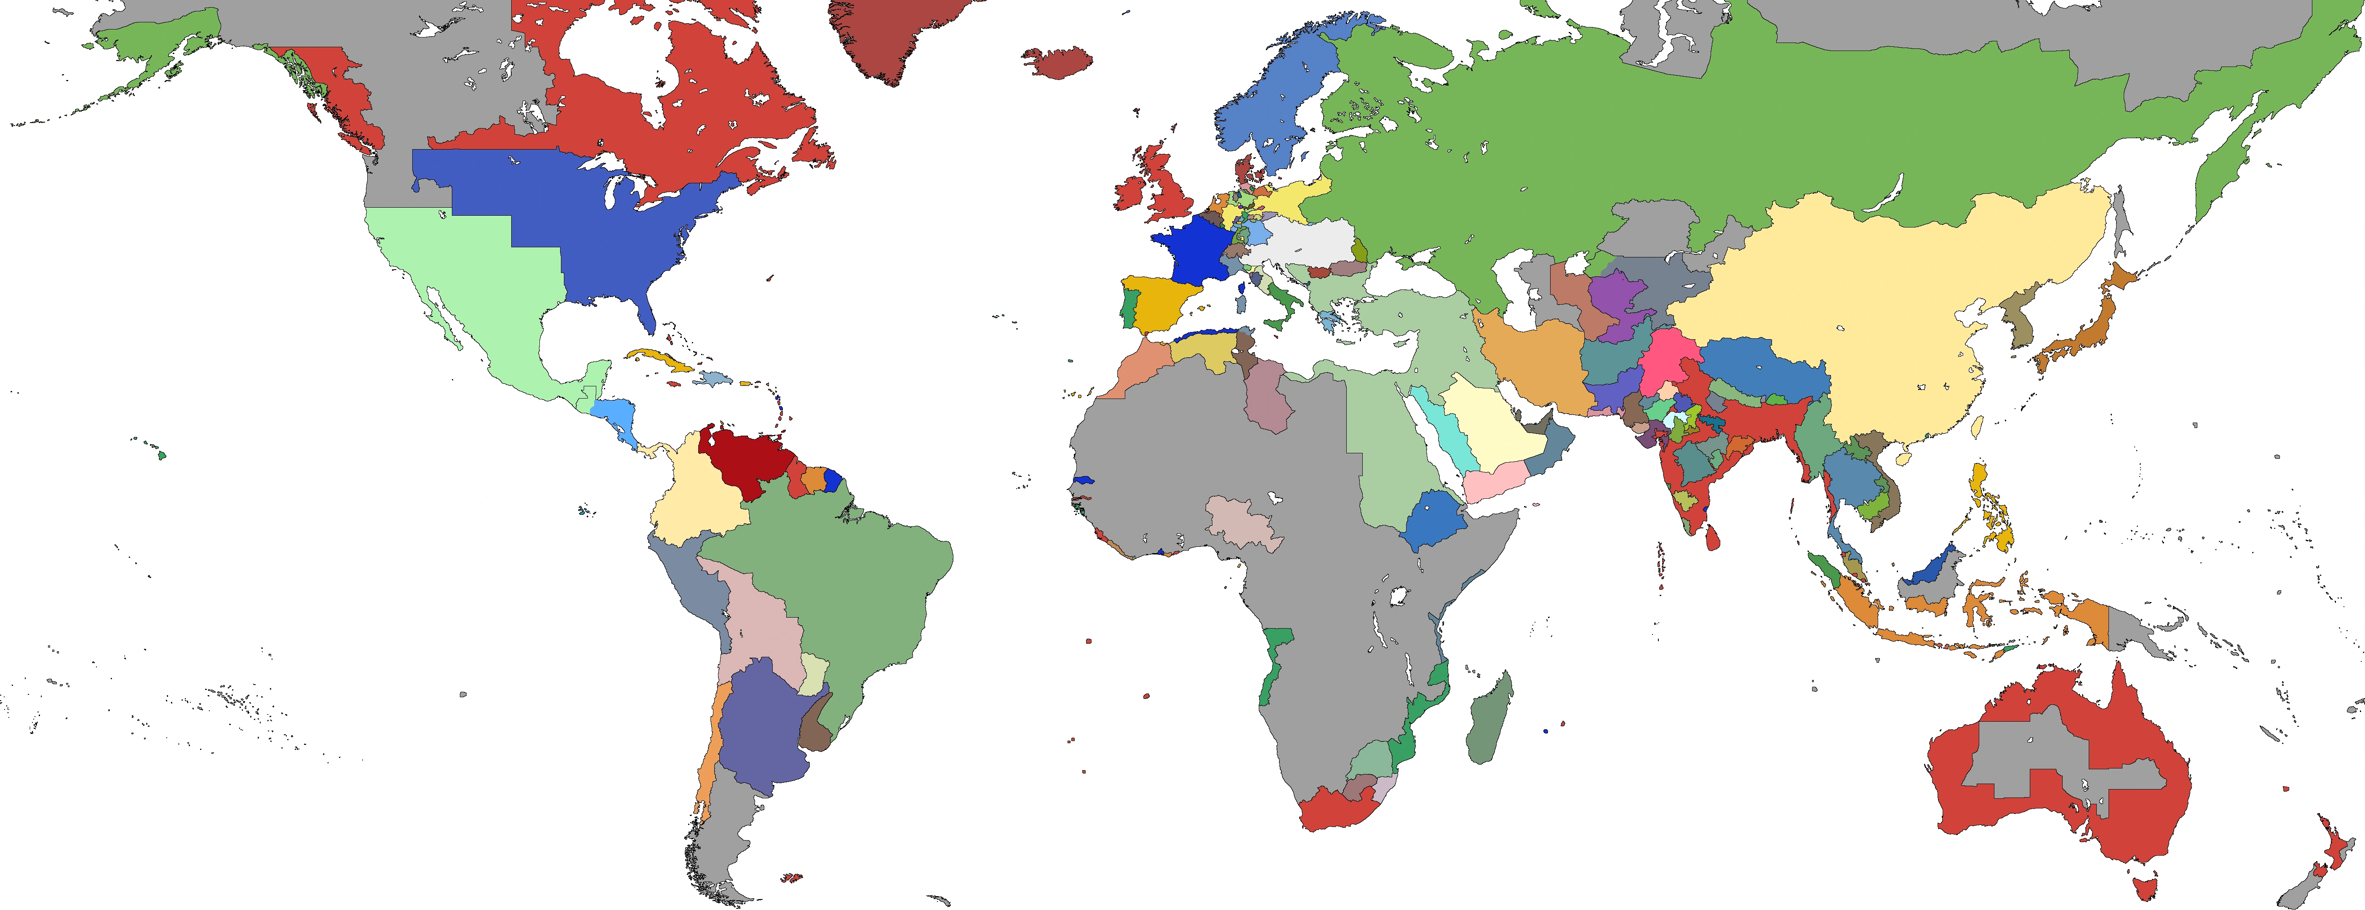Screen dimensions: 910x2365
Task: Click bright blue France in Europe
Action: tap(1189, 248)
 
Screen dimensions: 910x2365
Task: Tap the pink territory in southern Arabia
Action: tap(1497, 482)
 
